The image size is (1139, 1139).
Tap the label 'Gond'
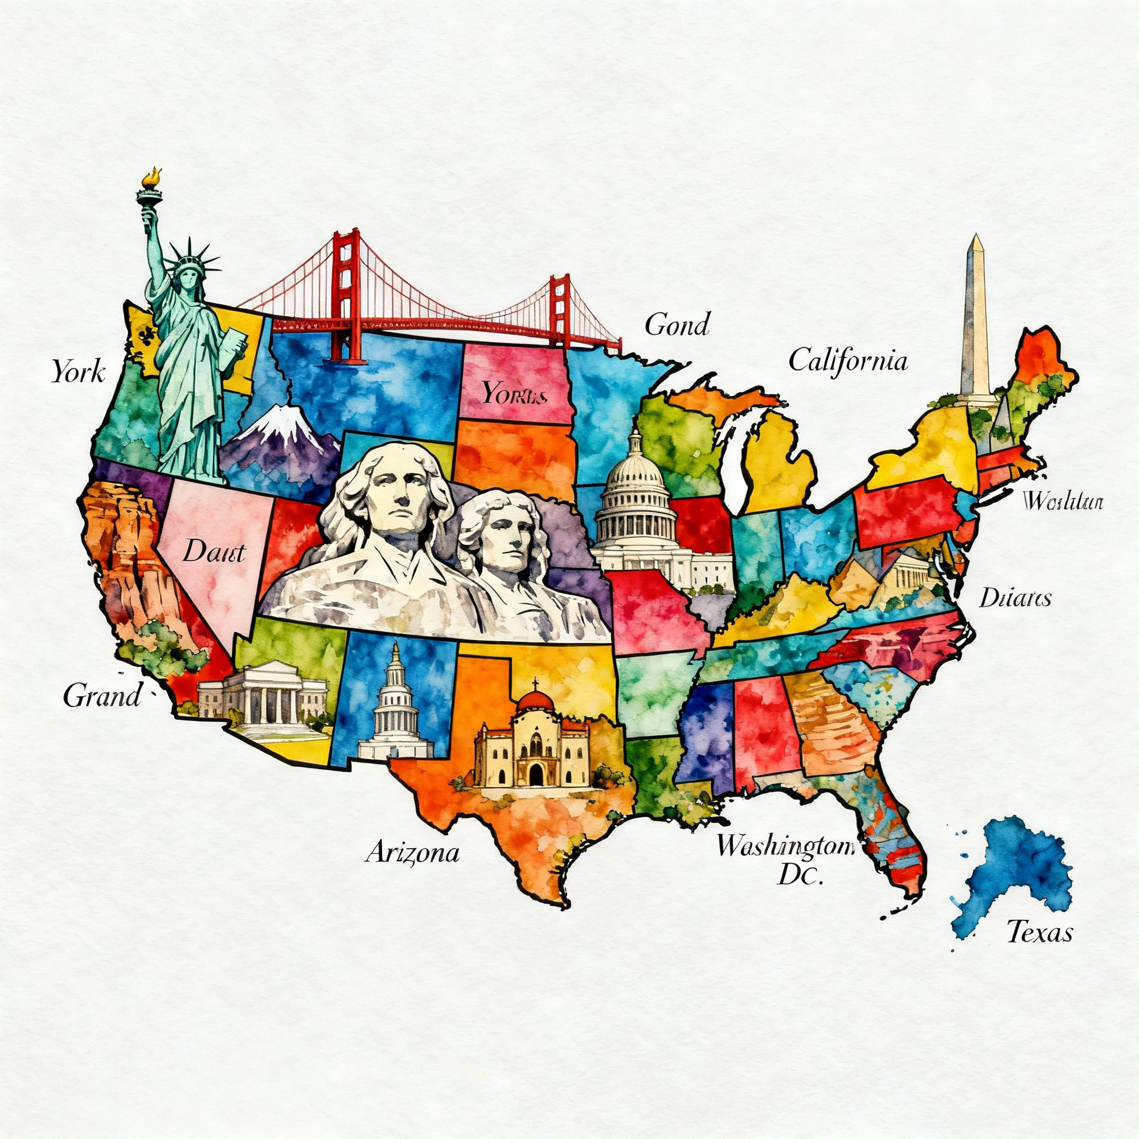(677, 325)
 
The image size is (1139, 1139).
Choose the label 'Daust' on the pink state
(214, 552)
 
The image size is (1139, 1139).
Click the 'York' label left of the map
(78, 371)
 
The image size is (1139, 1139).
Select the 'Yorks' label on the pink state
(510, 392)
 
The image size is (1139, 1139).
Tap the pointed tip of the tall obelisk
(976, 237)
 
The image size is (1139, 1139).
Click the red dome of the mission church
(535, 701)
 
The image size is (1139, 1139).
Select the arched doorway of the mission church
(535, 773)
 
